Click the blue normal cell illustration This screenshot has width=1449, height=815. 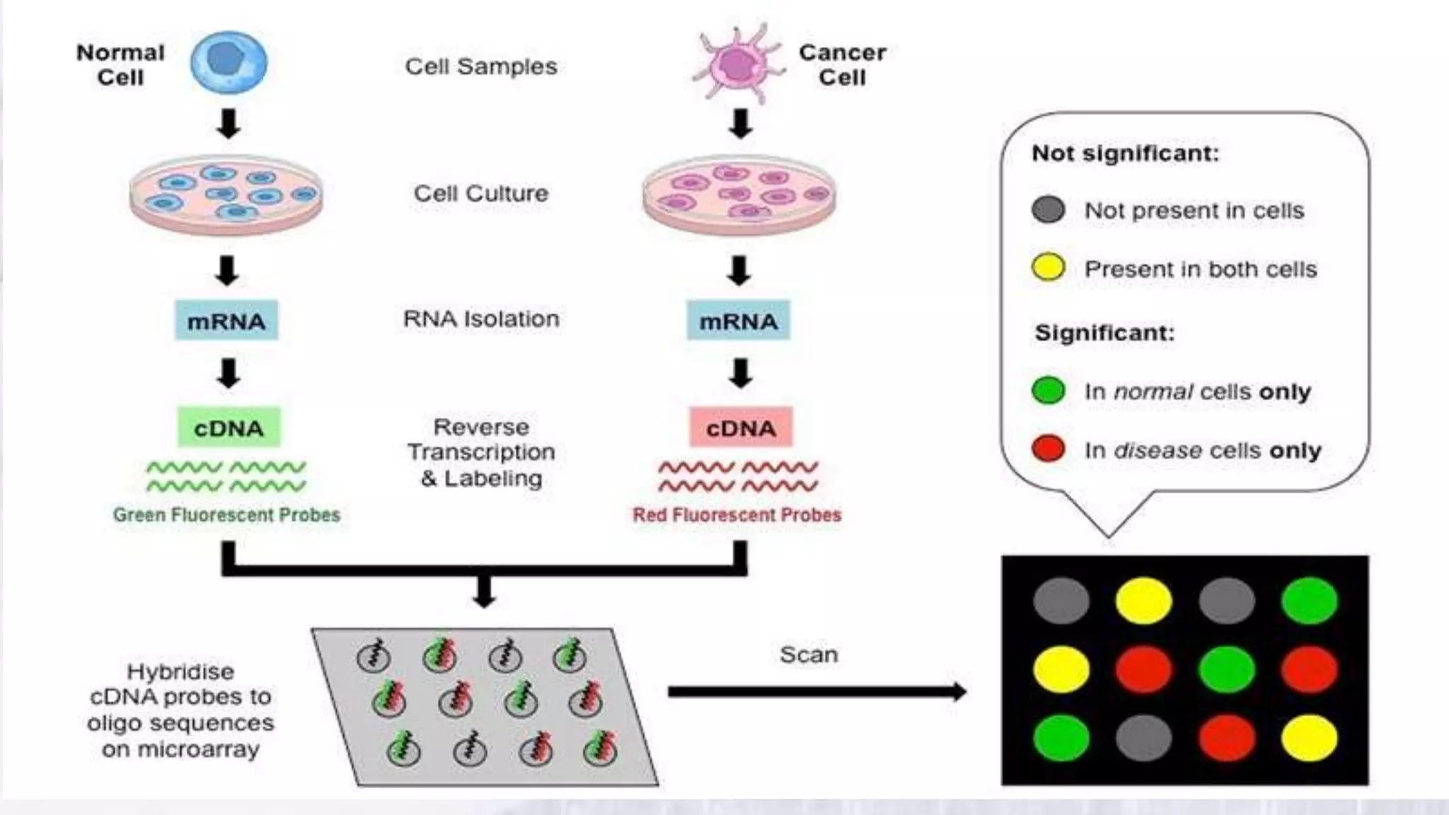pos(229,62)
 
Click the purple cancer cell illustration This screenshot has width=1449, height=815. pos(739,63)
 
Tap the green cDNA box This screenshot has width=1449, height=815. pos(229,427)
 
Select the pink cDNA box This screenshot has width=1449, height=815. pos(741,427)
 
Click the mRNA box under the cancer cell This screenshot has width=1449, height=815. pos(739,321)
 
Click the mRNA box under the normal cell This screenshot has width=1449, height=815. pos(226,321)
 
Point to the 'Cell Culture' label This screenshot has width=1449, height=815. pos(481,193)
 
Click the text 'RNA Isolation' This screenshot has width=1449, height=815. pos(481,319)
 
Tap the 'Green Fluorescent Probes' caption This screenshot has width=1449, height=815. pos(226,515)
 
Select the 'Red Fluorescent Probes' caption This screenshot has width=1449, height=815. pos(737,515)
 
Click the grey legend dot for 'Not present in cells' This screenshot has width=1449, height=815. pos(1048,209)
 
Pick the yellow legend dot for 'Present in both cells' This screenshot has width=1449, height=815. pos(1048,267)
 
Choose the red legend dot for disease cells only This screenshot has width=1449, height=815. pos(1048,449)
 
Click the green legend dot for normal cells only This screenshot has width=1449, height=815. pos(1048,390)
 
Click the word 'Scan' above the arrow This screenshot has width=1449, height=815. pos(809,655)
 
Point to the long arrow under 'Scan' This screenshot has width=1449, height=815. pos(814,691)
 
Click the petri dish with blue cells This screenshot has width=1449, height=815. pos(226,195)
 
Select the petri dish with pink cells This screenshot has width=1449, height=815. pos(739,195)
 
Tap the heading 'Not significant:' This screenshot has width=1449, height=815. pos(1125,153)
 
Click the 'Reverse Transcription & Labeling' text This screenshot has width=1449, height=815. pos(481,453)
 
